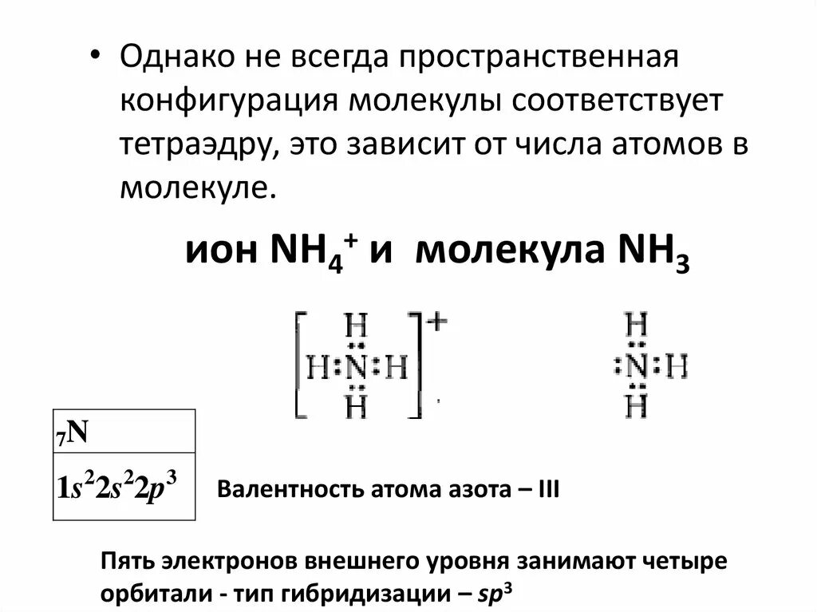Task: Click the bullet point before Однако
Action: (95, 58)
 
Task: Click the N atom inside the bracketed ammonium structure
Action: (357, 368)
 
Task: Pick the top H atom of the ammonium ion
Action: (357, 328)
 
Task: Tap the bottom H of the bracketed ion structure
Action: (357, 408)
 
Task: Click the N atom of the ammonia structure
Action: (637, 368)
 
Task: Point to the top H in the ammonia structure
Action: (637, 326)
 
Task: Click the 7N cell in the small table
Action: (124, 432)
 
